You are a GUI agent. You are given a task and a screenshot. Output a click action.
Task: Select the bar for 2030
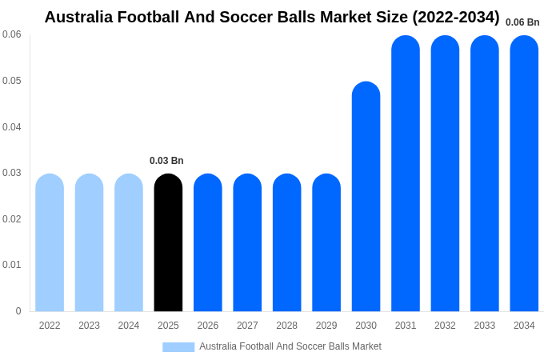pyautogui.click(x=366, y=197)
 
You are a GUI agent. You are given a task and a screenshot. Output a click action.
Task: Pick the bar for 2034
pyautogui.click(x=524, y=174)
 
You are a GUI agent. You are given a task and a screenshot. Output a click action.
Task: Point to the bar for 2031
pyautogui.click(x=406, y=174)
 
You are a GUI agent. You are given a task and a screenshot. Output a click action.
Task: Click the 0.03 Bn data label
pyautogui.click(x=166, y=161)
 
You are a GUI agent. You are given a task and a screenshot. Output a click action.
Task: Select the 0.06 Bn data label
pyautogui.click(x=522, y=22)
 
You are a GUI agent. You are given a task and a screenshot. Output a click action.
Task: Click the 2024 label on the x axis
pyautogui.click(x=129, y=326)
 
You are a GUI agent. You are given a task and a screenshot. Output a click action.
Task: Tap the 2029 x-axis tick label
pyautogui.click(x=326, y=326)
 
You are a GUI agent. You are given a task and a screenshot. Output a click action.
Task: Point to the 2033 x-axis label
pyautogui.click(x=484, y=326)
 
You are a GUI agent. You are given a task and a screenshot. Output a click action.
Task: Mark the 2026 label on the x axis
pyautogui.click(x=208, y=326)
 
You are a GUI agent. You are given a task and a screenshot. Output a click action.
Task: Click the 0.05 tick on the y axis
pyautogui.click(x=12, y=81)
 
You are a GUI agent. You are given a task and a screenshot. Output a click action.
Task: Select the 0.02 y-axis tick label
pyautogui.click(x=12, y=219)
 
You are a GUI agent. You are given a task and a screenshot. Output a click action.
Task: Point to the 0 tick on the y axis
pyautogui.click(x=18, y=311)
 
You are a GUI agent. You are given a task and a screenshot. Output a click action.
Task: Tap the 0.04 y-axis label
pyautogui.click(x=12, y=127)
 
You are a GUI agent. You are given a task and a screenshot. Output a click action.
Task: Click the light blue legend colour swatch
pyautogui.click(x=178, y=347)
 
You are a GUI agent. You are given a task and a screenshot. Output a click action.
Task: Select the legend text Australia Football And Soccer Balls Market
pyautogui.click(x=290, y=346)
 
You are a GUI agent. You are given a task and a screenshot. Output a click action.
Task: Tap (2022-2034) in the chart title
pyautogui.click(x=455, y=17)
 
